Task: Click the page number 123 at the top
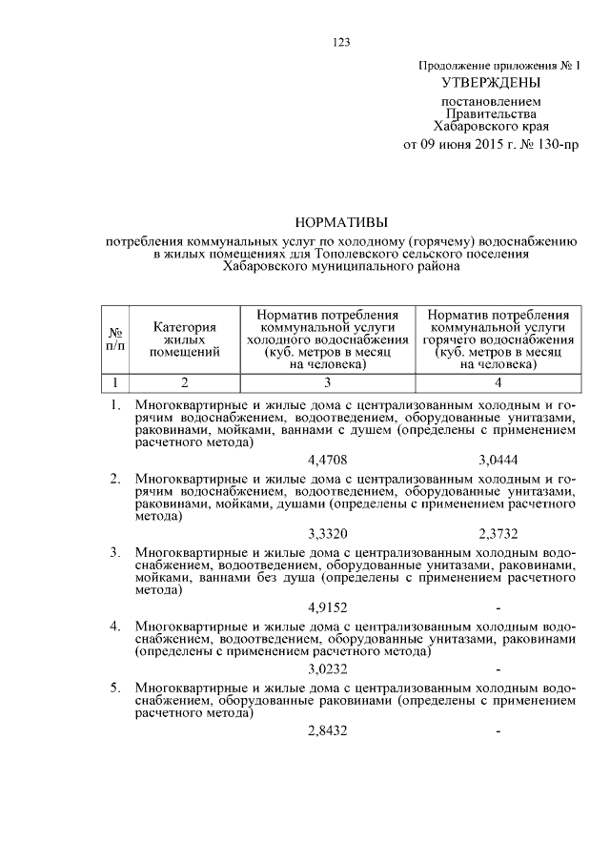[x=342, y=41]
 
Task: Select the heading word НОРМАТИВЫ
[x=342, y=222]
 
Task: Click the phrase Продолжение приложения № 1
[x=499, y=65]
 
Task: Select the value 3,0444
[x=498, y=461]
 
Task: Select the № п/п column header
[x=115, y=339]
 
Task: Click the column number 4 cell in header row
[x=499, y=383]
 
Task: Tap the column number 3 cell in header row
[x=328, y=383]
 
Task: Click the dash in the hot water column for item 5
[x=498, y=730]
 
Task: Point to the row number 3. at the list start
[x=115, y=552]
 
